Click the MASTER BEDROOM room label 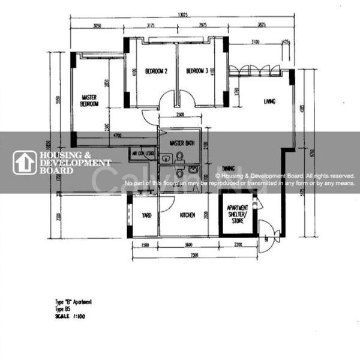tap(90, 100)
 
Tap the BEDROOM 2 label tap(156, 71)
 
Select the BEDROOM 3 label tap(197, 71)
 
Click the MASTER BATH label tap(181, 143)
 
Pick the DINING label tap(228, 169)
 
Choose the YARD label tap(146, 215)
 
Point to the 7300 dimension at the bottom tap(190, 255)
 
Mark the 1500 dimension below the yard tap(145, 245)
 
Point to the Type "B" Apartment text tap(73, 302)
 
